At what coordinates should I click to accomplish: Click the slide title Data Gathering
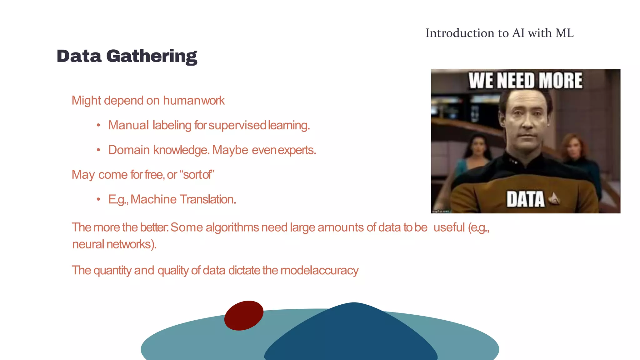[x=127, y=56]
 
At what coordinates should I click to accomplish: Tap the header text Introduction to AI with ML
[x=499, y=33]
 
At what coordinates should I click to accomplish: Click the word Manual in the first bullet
[x=128, y=125]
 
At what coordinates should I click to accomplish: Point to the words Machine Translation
[x=183, y=199]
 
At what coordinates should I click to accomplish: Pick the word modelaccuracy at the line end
[x=319, y=271]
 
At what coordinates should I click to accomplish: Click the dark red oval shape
[x=244, y=316]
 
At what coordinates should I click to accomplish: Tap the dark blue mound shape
[x=351, y=334]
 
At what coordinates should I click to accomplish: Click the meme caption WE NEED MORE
[x=525, y=81]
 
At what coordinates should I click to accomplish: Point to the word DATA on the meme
[x=525, y=199]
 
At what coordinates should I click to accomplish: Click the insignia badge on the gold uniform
[x=554, y=198]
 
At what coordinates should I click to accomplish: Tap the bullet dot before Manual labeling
[x=98, y=125]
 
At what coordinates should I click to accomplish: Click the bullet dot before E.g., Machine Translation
[x=98, y=199]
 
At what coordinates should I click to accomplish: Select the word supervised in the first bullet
[x=237, y=125]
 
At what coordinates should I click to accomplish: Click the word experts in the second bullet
[x=297, y=150]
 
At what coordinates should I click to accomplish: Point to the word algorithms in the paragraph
[x=232, y=227]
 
